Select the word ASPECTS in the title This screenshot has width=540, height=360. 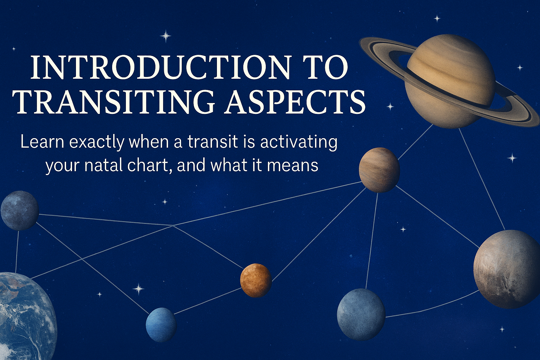pyautogui.click(x=295, y=102)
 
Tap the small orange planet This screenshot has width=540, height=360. pyautogui.click(x=256, y=280)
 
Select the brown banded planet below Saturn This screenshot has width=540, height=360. pyautogui.click(x=379, y=170)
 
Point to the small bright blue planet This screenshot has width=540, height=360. pyautogui.click(x=161, y=324)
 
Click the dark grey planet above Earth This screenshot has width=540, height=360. pyautogui.click(x=20, y=210)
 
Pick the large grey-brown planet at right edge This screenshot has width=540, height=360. pyautogui.click(x=507, y=269)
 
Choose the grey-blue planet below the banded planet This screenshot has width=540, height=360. pyautogui.click(x=361, y=314)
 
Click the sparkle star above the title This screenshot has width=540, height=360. pyautogui.click(x=166, y=36)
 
